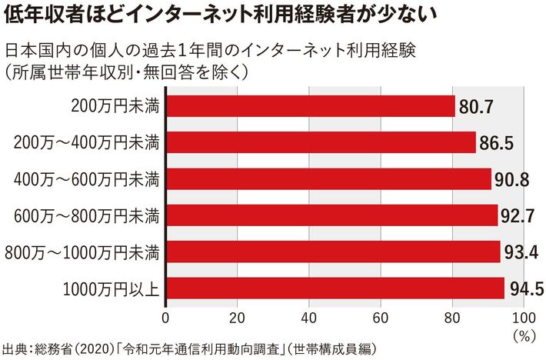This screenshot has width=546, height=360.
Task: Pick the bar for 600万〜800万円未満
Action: [331, 215]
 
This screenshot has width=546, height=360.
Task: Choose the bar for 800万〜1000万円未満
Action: [333, 252]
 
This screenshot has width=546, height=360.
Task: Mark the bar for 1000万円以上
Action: [335, 288]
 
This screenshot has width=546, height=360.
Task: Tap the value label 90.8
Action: [511, 179]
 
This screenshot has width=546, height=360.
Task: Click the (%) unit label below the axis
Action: [524, 334]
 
